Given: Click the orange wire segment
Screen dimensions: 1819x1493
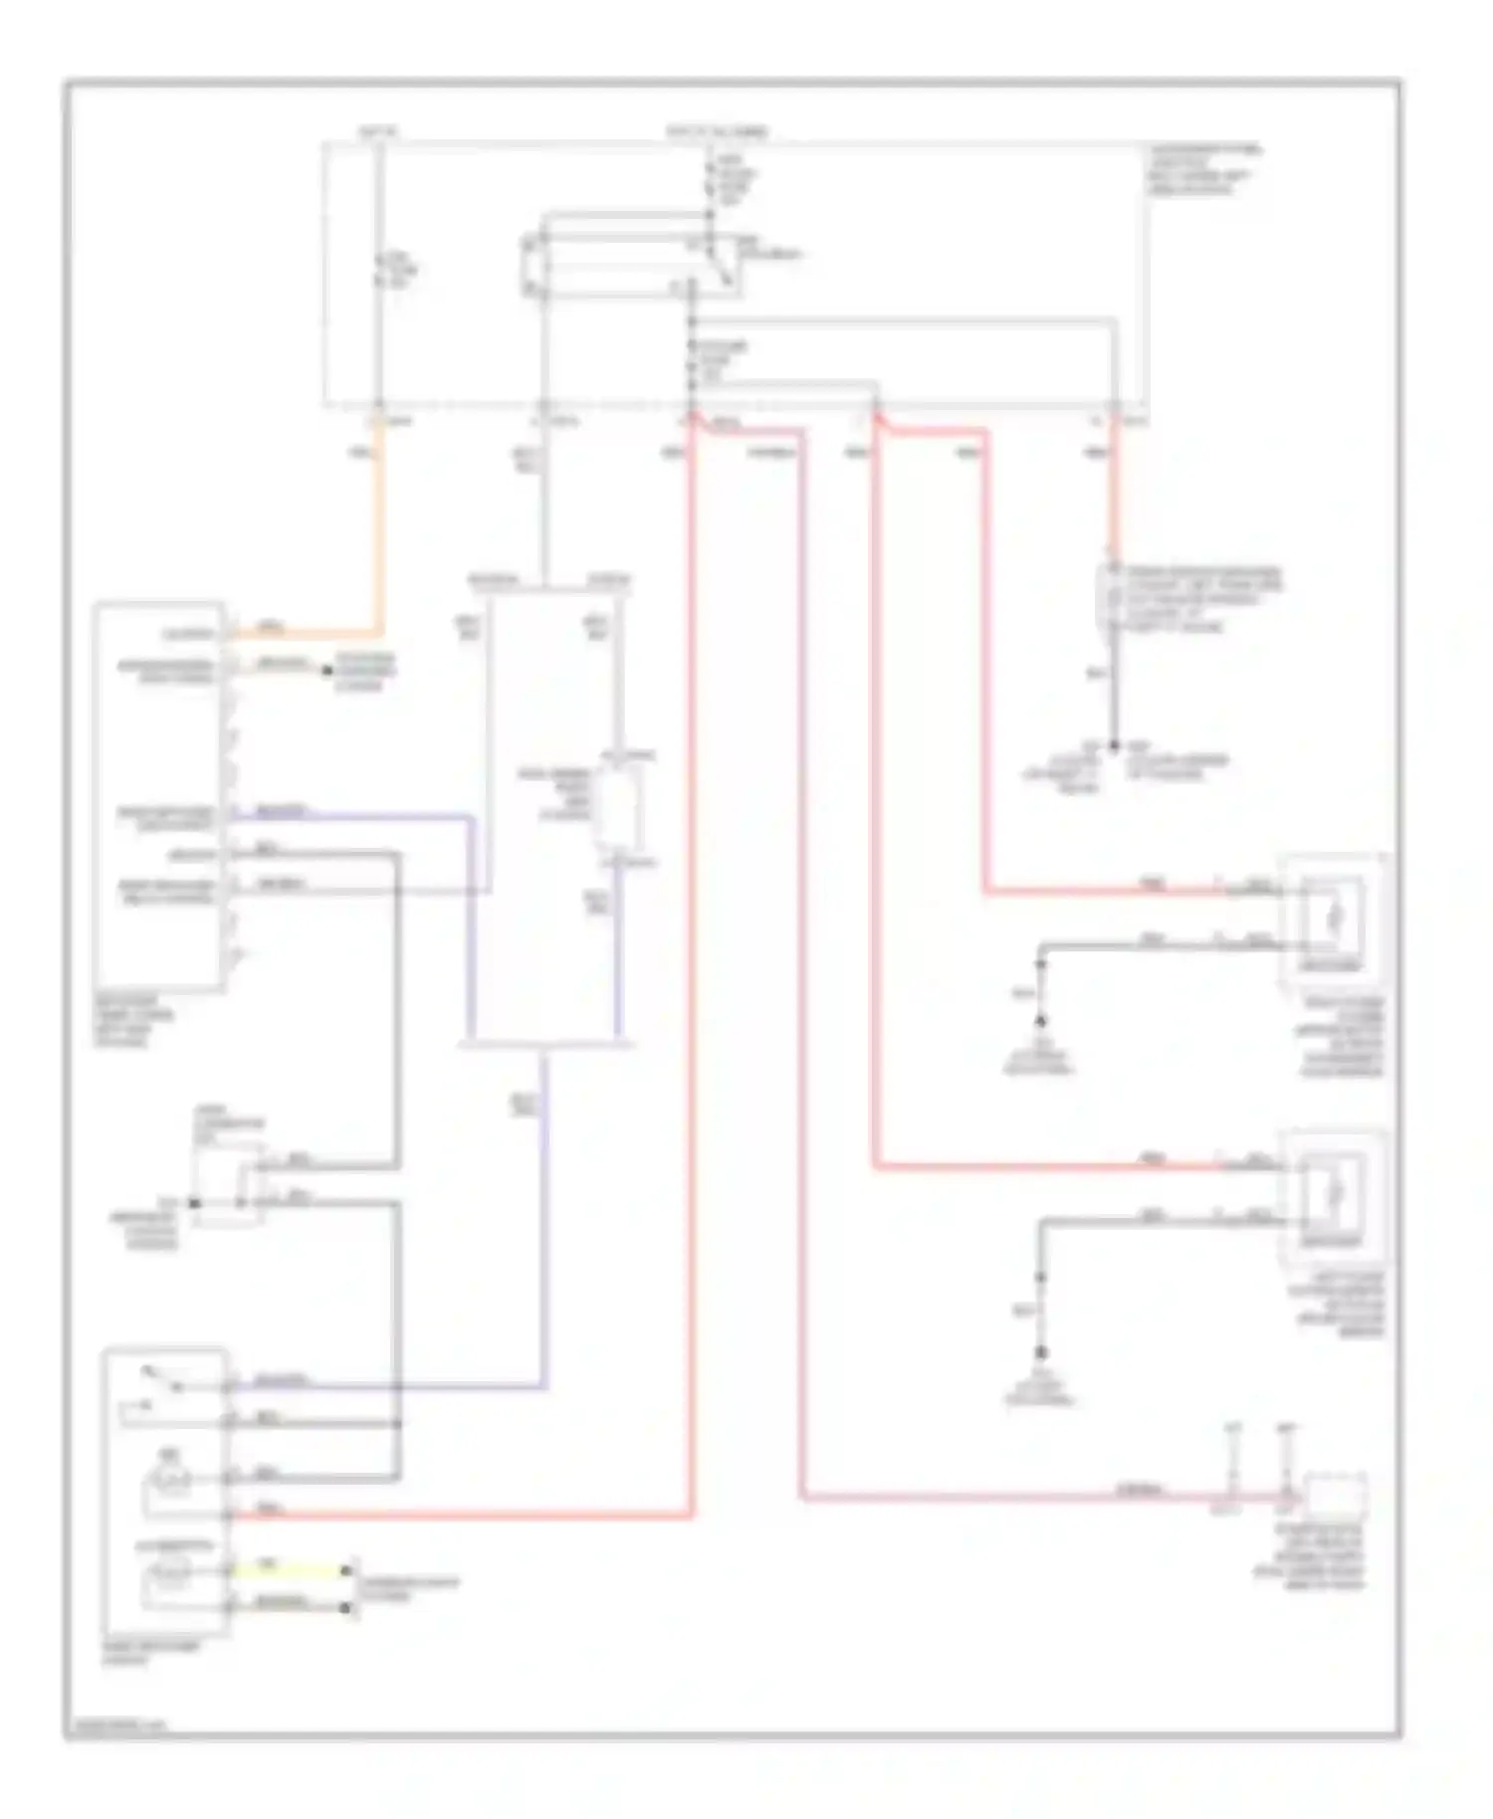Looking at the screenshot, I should coord(379,537).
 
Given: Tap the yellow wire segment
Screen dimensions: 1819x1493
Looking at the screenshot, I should coord(289,1571).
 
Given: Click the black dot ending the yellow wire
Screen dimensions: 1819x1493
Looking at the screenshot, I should coord(345,1571).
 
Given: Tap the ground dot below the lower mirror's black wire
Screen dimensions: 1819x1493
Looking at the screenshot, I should coord(1040,1352).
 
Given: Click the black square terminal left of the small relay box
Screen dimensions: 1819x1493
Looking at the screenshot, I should coord(195,1203).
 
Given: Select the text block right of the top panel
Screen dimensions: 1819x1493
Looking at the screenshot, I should coord(1204,169).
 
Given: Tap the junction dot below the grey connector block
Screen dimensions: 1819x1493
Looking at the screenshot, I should coord(1114,745).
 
